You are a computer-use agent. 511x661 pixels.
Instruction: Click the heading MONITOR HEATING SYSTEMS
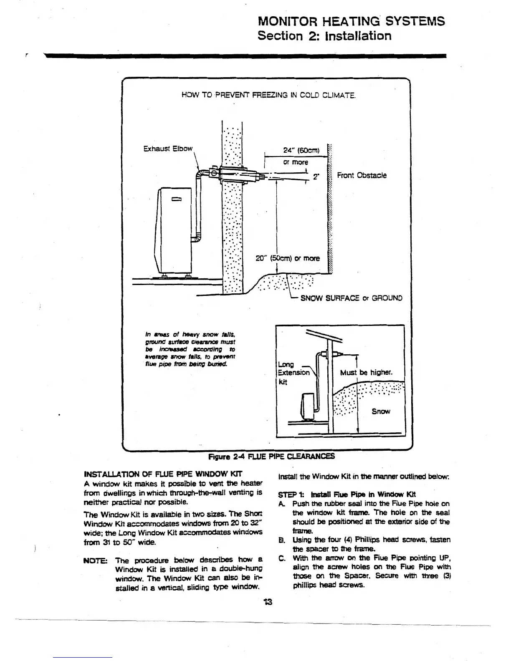[x=352, y=21]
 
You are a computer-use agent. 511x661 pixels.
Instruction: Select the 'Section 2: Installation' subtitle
[x=324, y=35]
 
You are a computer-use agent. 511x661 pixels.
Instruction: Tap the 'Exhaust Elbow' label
[x=168, y=149]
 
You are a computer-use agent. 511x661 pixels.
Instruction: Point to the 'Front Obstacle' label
[x=362, y=175]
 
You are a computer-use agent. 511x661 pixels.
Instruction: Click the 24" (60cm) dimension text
[x=301, y=150]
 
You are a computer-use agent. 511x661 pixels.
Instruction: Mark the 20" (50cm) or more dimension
[x=287, y=258]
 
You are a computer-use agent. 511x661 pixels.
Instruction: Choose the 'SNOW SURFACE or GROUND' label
[x=351, y=298]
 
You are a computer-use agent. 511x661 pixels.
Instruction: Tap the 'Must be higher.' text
[x=366, y=372]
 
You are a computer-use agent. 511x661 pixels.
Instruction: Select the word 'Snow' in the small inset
[x=381, y=411]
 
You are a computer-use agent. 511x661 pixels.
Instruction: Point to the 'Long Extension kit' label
[x=292, y=373]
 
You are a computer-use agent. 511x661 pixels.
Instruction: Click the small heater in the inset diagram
[x=308, y=406]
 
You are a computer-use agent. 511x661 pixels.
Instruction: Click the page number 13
[x=268, y=602]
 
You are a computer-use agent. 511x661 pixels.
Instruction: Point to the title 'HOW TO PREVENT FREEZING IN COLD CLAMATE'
[x=268, y=96]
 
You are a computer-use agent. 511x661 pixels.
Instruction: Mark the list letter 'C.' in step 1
[x=281, y=558]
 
